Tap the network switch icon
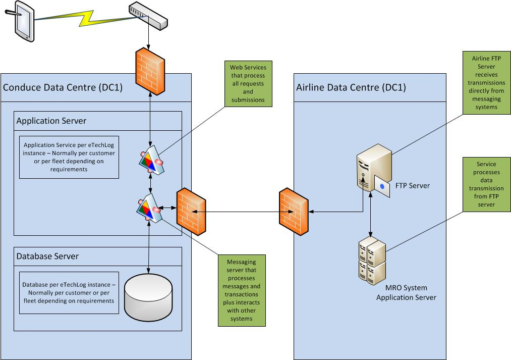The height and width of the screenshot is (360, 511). tap(147, 16)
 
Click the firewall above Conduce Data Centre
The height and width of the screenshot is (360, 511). tap(150, 69)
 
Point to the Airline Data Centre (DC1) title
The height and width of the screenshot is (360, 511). tap(351, 87)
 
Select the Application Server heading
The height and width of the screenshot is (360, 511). tap(51, 121)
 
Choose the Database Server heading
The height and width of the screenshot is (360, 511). tap(47, 256)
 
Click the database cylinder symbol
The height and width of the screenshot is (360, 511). tap(148, 298)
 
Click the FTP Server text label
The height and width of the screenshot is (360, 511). tap(413, 185)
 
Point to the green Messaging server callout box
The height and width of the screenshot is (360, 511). tap(242, 290)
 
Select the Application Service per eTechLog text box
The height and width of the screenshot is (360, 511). tap(69, 157)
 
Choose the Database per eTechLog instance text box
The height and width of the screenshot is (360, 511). tap(69, 293)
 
